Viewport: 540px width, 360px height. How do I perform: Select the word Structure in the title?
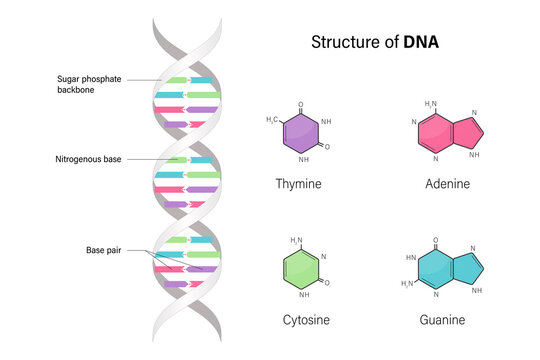(x=347, y=42)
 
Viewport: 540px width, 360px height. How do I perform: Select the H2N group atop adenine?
(x=430, y=104)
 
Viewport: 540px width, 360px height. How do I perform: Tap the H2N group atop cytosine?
(x=296, y=240)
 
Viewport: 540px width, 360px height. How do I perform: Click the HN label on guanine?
(x=409, y=257)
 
